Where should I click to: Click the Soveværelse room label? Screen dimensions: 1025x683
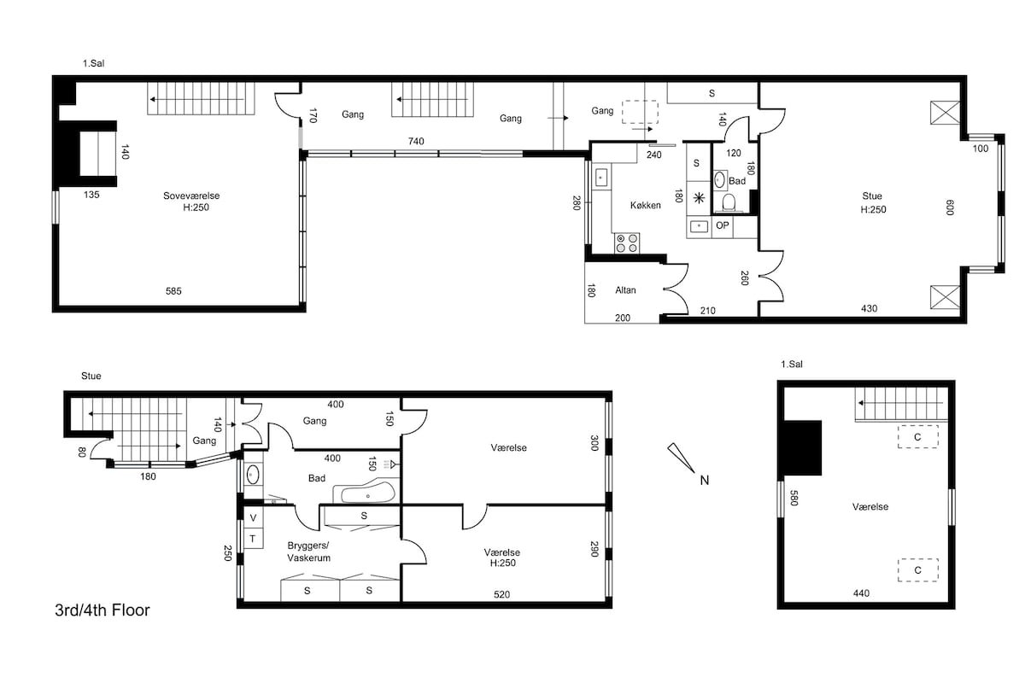191,196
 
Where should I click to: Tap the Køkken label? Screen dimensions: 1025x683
645,206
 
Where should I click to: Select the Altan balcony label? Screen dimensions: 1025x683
625,290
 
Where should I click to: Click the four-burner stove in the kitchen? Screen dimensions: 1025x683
626,243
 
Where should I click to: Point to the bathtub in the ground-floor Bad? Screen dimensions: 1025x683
367,493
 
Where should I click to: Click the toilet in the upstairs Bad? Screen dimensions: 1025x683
729,202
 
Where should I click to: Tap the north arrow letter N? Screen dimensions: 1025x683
704,481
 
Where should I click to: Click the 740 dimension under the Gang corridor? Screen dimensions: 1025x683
416,142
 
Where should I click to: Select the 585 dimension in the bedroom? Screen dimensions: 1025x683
173,291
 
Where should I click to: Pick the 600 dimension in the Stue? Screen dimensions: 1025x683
950,207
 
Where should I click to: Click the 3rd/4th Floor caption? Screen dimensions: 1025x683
102,610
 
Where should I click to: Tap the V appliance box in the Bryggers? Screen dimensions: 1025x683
253,518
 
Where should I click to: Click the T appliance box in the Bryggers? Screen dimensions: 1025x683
253,539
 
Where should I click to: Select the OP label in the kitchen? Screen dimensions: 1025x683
722,225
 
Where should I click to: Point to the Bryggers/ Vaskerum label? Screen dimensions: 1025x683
308,552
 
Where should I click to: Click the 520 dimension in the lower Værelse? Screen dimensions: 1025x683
501,594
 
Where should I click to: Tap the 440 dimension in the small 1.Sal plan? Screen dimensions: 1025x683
861,593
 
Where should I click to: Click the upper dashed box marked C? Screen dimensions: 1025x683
917,437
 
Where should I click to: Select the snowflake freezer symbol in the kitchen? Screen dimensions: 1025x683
699,198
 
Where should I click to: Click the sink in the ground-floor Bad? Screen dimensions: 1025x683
253,475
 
